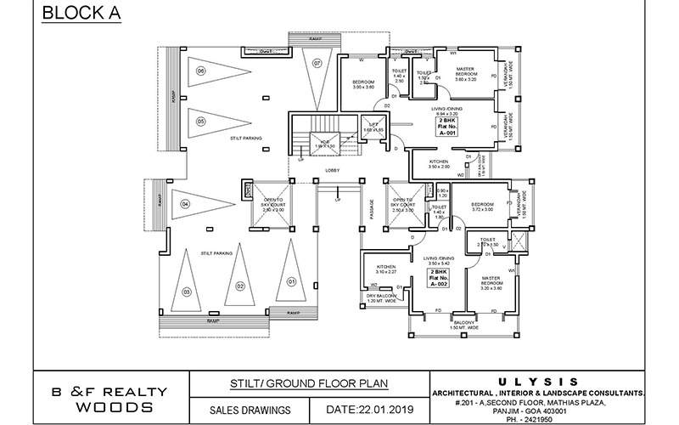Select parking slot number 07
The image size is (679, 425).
317,64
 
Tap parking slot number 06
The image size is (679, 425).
201,71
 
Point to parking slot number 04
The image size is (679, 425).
184,205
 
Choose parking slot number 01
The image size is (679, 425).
290,280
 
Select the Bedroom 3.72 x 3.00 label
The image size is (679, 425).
481,207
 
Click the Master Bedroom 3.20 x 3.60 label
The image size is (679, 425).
491,283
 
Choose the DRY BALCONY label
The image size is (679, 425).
382,298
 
